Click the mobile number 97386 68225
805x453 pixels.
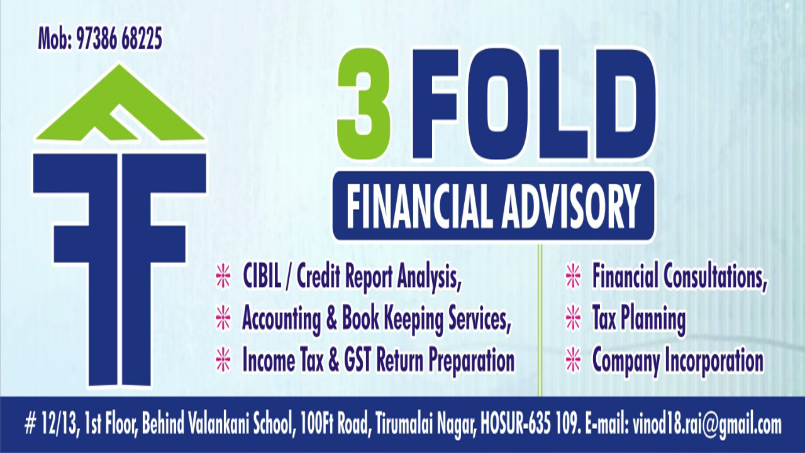pyautogui.click(x=119, y=38)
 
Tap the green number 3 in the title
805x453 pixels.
pyautogui.click(x=364, y=104)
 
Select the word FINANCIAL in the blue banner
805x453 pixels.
pyautogui.click(x=419, y=206)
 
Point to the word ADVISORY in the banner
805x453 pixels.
pyautogui.click(x=571, y=206)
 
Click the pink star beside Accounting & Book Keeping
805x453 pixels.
pyautogui.click(x=223, y=318)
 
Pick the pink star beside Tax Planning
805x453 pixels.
pyautogui.click(x=573, y=318)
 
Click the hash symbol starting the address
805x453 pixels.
pyautogui.click(x=30, y=425)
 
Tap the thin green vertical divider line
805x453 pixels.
pyautogui.click(x=540, y=320)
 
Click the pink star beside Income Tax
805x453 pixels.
pyautogui.click(x=223, y=359)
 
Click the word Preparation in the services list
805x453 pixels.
pyautogui.click(x=471, y=361)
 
